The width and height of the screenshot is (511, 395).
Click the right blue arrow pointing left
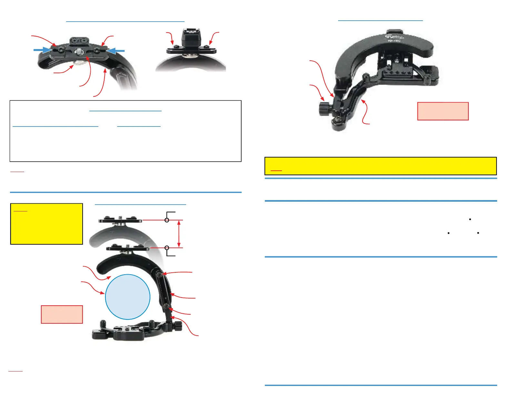115,51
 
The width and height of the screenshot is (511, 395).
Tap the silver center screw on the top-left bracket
79,52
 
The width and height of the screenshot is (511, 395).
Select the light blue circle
128,297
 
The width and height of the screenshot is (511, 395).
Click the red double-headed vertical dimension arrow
179,234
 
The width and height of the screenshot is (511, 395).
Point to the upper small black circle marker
167,220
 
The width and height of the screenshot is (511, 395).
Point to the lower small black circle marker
167,248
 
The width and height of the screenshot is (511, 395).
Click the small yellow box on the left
46,224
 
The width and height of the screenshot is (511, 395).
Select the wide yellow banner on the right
380,166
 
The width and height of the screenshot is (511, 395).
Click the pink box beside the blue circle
62,314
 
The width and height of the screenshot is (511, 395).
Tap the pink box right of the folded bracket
443,111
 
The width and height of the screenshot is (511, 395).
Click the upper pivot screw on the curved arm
160,274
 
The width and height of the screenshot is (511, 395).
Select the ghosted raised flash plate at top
120,220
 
